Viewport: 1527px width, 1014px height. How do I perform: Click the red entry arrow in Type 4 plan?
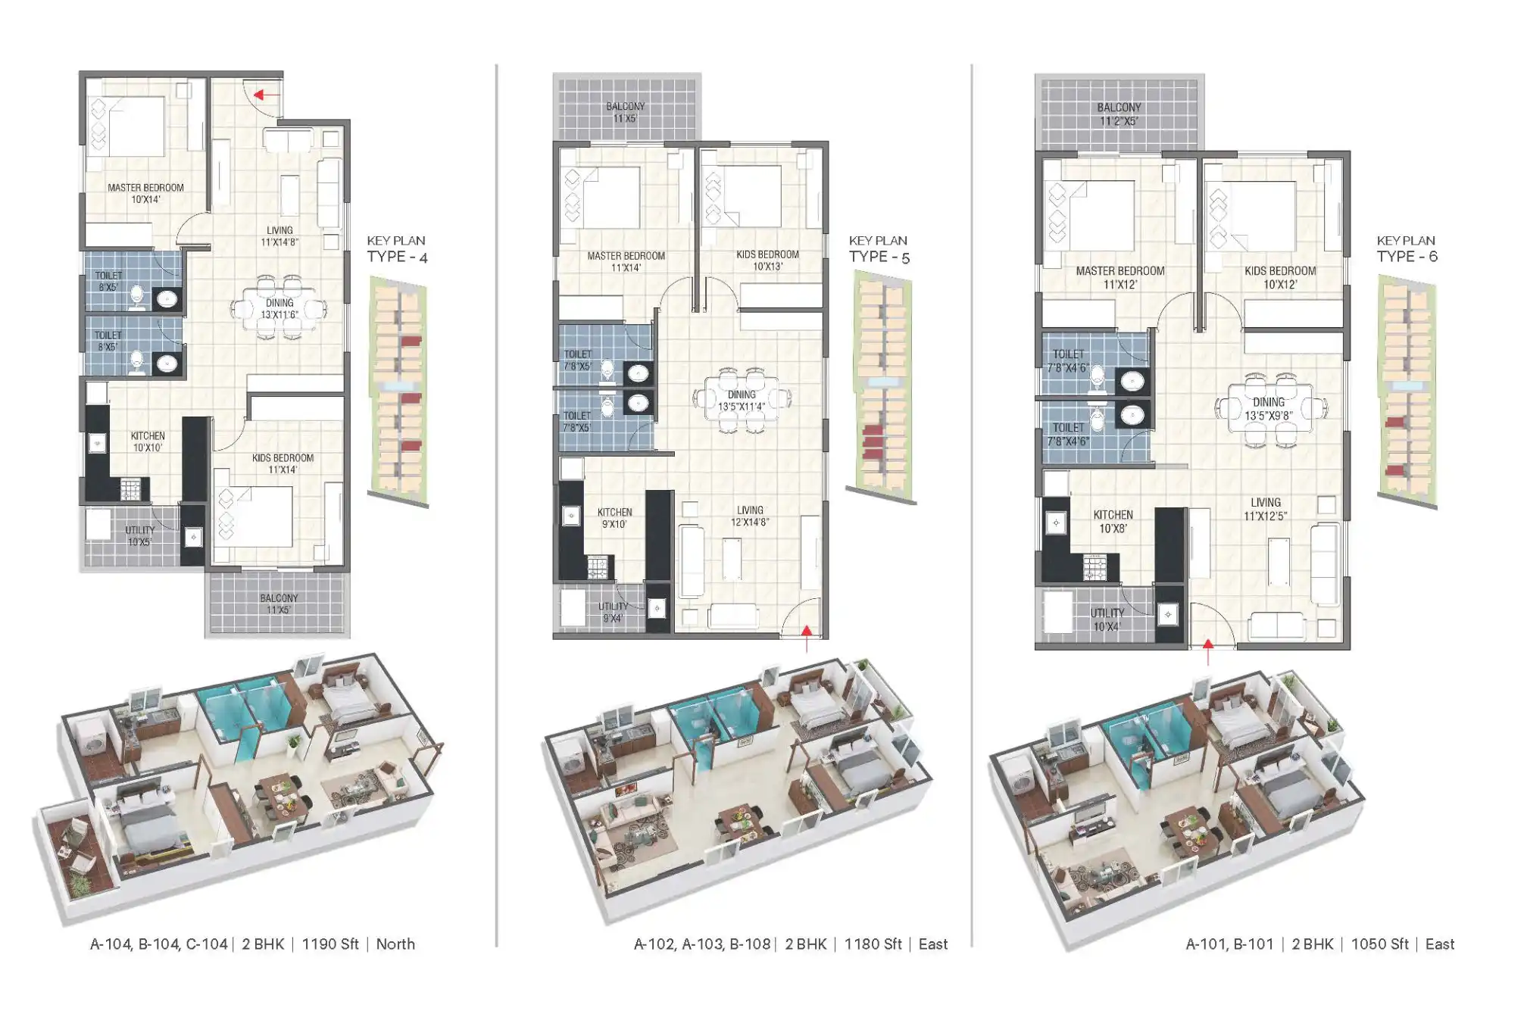(x=267, y=95)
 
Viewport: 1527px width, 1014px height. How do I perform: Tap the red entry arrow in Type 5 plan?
(x=807, y=638)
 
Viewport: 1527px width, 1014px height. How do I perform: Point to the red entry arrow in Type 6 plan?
(x=1208, y=651)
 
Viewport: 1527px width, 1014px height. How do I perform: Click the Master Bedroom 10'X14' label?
(x=145, y=193)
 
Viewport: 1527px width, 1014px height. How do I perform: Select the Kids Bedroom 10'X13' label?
(x=767, y=260)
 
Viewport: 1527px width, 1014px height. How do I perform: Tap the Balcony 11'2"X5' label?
(x=1119, y=114)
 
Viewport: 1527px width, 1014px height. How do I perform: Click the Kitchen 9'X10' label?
(x=614, y=518)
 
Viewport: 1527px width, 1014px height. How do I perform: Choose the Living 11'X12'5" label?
(x=1265, y=509)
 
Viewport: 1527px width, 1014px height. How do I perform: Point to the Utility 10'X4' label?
(x=1107, y=619)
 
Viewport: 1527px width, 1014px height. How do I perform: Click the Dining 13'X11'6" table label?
(x=279, y=308)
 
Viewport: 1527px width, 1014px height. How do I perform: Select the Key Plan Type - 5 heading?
(x=879, y=249)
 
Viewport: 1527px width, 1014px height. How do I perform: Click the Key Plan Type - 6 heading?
(x=1407, y=249)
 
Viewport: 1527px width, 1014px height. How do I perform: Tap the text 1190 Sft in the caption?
(x=330, y=944)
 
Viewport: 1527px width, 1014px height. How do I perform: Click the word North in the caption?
(x=395, y=944)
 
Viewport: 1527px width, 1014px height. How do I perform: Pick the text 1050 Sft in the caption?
(x=1379, y=944)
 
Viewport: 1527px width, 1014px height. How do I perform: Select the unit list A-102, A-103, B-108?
(x=701, y=944)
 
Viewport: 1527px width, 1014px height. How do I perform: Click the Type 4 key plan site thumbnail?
(x=398, y=391)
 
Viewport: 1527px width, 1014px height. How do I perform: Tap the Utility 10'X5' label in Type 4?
(x=139, y=536)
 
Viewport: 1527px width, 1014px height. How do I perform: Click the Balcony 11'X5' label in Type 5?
(x=625, y=112)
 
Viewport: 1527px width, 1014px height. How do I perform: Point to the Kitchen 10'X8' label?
(x=1113, y=521)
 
